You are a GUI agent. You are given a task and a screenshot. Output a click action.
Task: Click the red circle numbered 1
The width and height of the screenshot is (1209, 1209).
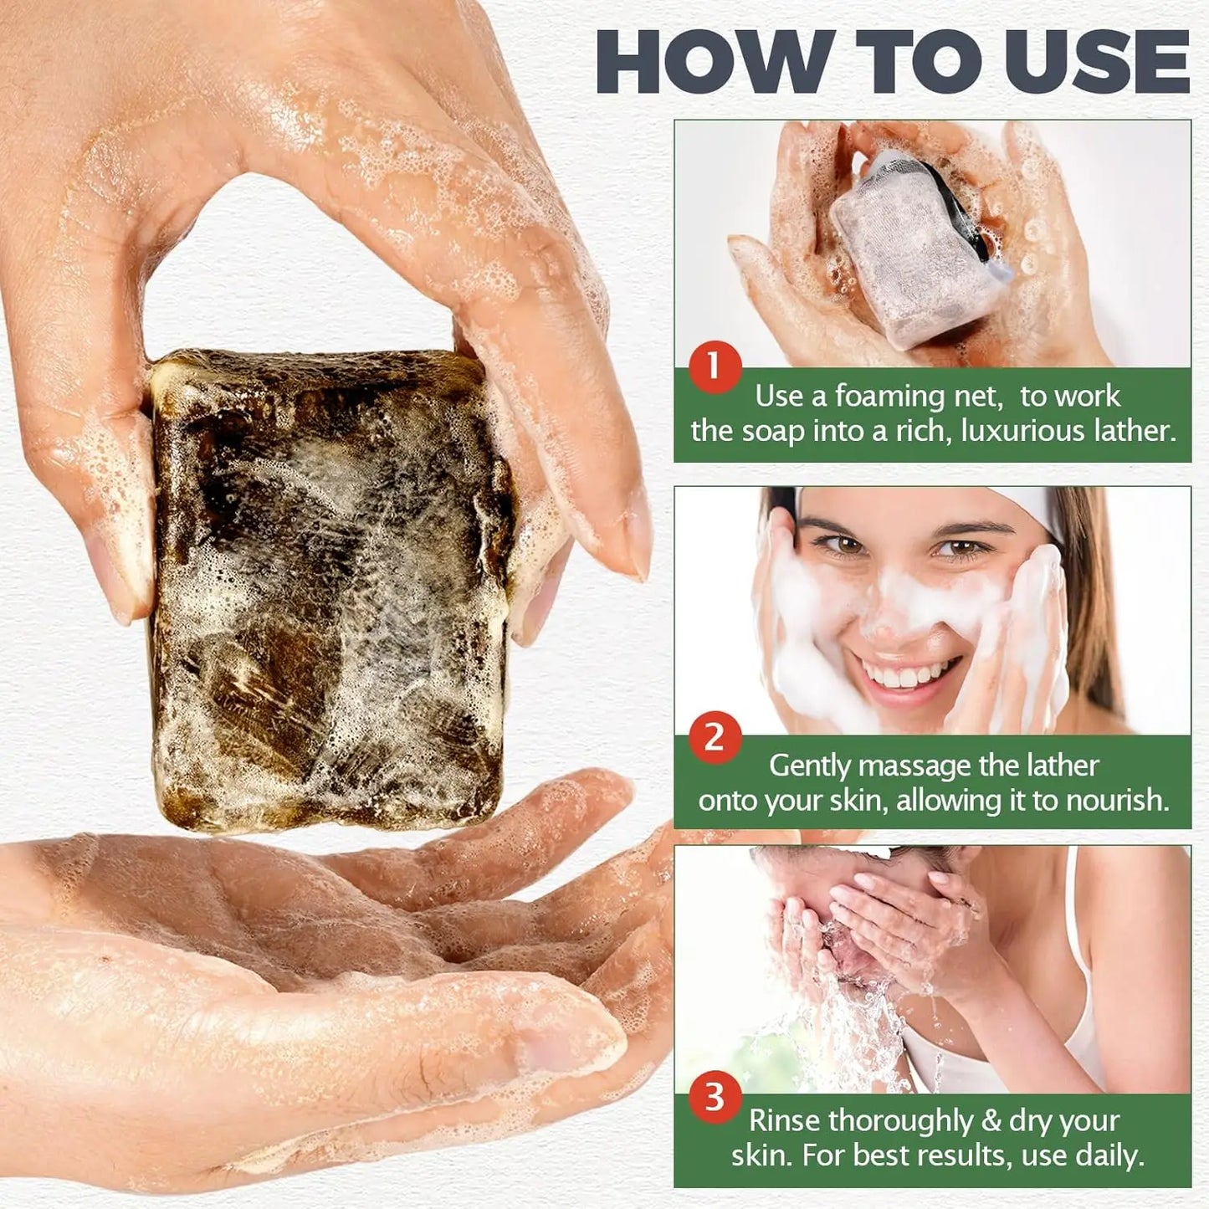[x=714, y=366]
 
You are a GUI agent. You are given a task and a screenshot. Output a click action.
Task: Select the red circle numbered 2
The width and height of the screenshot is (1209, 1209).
[x=714, y=737]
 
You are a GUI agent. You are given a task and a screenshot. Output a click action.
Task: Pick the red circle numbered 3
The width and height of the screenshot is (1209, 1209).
[x=714, y=1097]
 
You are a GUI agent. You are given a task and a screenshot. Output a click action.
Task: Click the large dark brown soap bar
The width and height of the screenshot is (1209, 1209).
[x=330, y=586]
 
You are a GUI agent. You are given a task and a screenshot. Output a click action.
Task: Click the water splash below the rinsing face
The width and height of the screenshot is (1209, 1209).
[x=845, y=1029]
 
